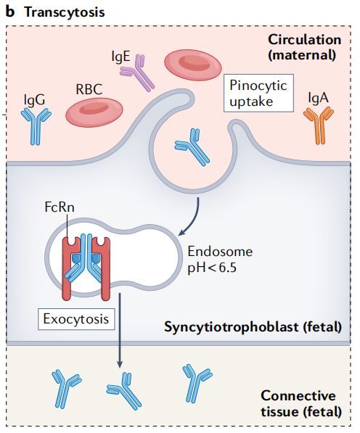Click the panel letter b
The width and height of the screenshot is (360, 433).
[10, 12]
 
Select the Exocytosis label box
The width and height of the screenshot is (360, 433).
[77, 317]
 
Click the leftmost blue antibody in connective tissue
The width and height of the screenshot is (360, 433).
[66, 385]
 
